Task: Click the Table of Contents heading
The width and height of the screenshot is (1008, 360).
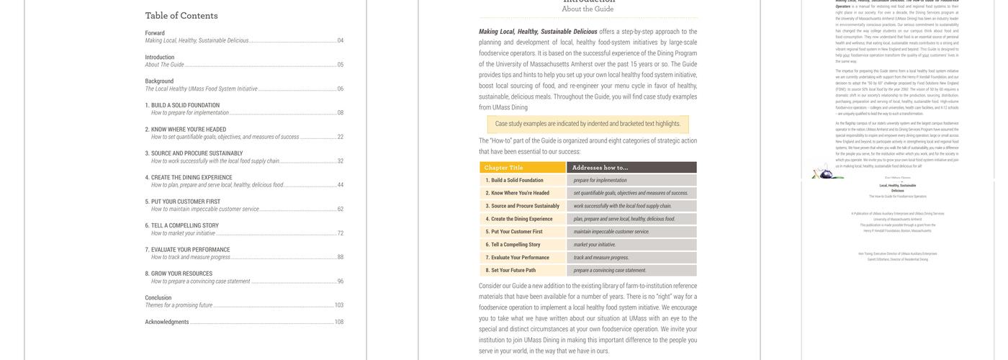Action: click(x=181, y=16)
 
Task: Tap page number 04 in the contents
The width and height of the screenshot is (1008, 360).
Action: click(x=341, y=41)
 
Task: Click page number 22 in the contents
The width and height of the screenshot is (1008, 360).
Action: click(x=341, y=137)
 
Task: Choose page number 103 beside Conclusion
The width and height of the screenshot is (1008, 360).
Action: click(x=338, y=305)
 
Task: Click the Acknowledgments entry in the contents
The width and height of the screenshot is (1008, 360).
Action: click(x=167, y=322)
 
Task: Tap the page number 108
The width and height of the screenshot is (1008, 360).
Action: click(x=338, y=322)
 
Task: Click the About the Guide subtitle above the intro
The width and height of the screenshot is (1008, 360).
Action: click(x=588, y=9)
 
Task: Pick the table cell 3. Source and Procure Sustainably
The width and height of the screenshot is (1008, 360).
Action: click(x=523, y=206)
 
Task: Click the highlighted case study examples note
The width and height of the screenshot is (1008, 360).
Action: click(x=588, y=124)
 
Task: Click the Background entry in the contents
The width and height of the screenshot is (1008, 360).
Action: click(x=159, y=81)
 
